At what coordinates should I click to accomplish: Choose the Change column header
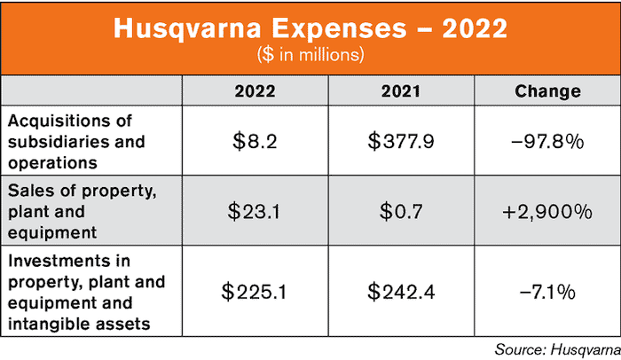click(547, 91)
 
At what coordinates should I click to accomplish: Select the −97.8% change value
click(547, 138)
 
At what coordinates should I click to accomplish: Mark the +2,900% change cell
click(547, 213)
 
